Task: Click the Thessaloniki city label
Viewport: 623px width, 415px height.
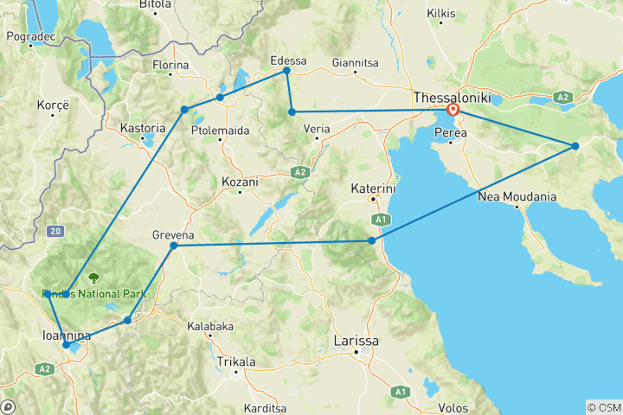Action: [x=452, y=98]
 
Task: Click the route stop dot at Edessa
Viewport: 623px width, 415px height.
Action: [x=286, y=71]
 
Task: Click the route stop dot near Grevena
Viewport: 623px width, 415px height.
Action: [x=174, y=246]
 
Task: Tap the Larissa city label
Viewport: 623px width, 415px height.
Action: [x=357, y=342]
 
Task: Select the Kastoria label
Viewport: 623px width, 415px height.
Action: [x=142, y=128]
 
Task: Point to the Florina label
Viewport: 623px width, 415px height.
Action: [x=170, y=65]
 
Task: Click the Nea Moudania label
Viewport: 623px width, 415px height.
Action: [x=517, y=197]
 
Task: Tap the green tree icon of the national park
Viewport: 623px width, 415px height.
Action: [x=93, y=278]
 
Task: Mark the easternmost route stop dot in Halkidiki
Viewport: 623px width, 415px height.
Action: [x=575, y=145]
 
